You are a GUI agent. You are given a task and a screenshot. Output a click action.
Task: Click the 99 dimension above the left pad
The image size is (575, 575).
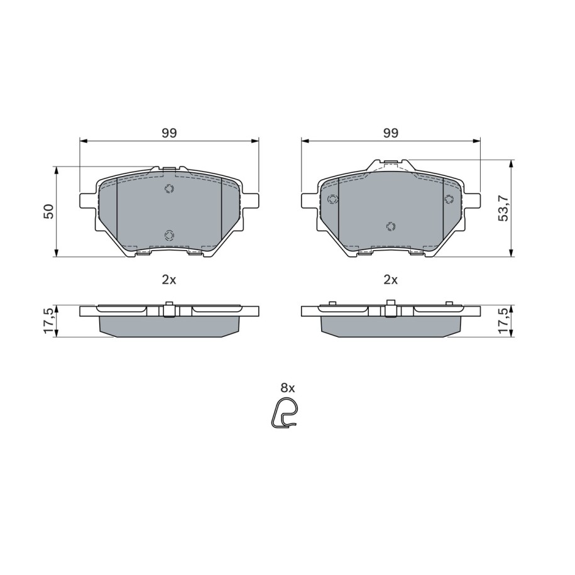pos(170,133)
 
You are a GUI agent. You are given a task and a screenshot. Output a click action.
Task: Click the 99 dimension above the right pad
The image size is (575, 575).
pos(391,133)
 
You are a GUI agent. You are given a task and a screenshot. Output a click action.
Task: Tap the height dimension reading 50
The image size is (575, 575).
pos(49,212)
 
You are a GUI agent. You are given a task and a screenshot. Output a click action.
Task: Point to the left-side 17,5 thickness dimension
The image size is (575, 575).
pos(49,321)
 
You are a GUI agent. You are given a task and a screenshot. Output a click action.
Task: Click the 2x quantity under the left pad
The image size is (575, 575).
pos(169,280)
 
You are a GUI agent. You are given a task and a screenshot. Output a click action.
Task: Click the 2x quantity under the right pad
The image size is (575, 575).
pos(390,280)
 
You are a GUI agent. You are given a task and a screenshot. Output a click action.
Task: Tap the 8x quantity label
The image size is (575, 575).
pos(288,388)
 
